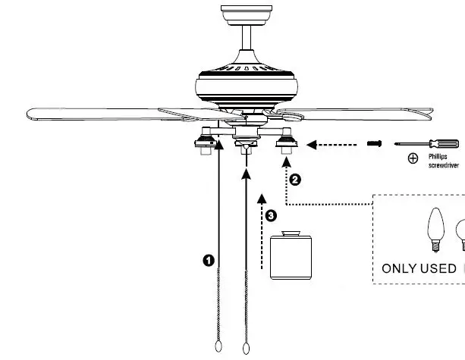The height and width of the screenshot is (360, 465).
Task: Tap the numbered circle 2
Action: pyautogui.click(x=295, y=180)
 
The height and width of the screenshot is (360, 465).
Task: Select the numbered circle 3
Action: pyautogui.click(x=272, y=215)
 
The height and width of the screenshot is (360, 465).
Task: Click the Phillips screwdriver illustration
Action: pyautogui.click(x=428, y=142)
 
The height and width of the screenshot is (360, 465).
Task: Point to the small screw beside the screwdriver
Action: pyautogui.click(x=373, y=143)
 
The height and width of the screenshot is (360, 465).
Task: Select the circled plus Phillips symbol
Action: pyautogui.click(x=413, y=158)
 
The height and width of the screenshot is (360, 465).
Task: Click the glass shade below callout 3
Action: pyautogui.click(x=292, y=258)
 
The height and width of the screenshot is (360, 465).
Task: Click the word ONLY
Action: pyautogui.click(x=399, y=268)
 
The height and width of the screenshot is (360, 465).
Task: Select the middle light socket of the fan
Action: pyautogui.click(x=245, y=146)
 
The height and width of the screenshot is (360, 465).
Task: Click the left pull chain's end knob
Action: pyautogui.click(x=218, y=346)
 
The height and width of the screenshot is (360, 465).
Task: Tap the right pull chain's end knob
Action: pyautogui.click(x=244, y=346)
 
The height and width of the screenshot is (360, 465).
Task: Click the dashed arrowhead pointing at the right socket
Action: pyautogui.click(x=311, y=143)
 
